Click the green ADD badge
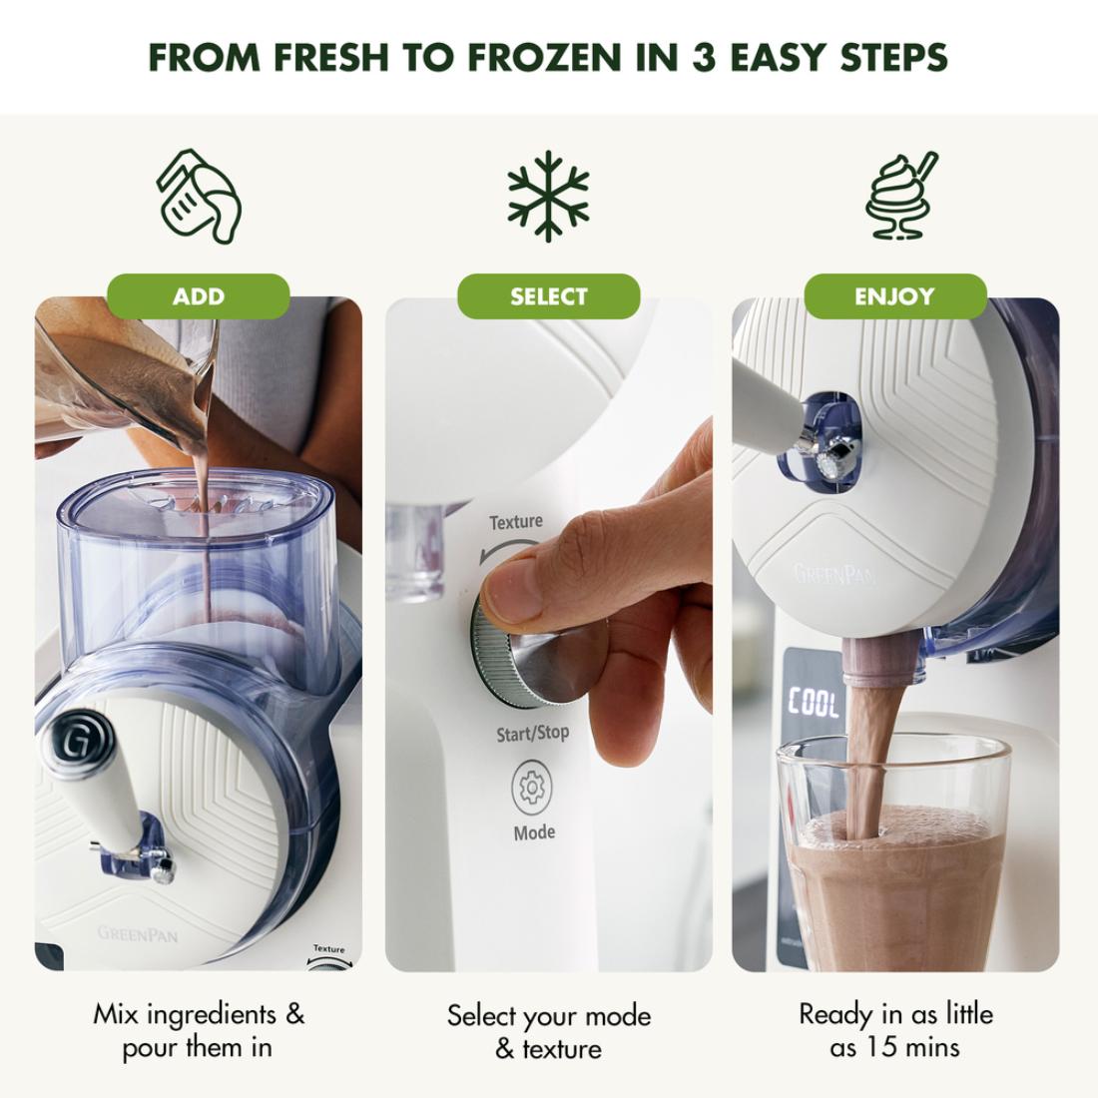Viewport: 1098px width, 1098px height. pos(199,296)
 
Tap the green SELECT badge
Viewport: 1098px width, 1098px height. pos(548,296)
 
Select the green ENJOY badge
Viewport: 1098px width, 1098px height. pos(895,296)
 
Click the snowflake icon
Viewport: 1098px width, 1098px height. pos(548,196)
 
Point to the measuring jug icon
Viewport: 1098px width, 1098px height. pos(199,196)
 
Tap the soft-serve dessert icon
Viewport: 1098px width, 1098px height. pos(901,196)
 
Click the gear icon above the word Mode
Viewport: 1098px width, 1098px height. pos(532,789)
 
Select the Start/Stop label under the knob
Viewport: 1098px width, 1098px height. pos(533,734)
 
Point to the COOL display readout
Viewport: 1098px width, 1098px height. pos(813,703)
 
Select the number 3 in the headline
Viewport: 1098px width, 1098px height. pos(704,58)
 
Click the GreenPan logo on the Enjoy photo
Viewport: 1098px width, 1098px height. pos(834,574)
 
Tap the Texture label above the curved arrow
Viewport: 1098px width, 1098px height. pos(516,522)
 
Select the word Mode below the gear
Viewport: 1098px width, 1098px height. pos(534,832)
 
